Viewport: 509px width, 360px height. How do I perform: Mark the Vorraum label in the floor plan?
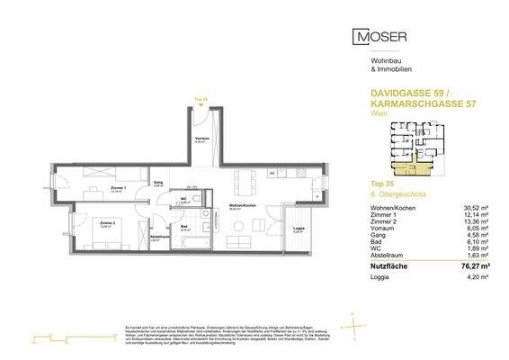click(x=202, y=139)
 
